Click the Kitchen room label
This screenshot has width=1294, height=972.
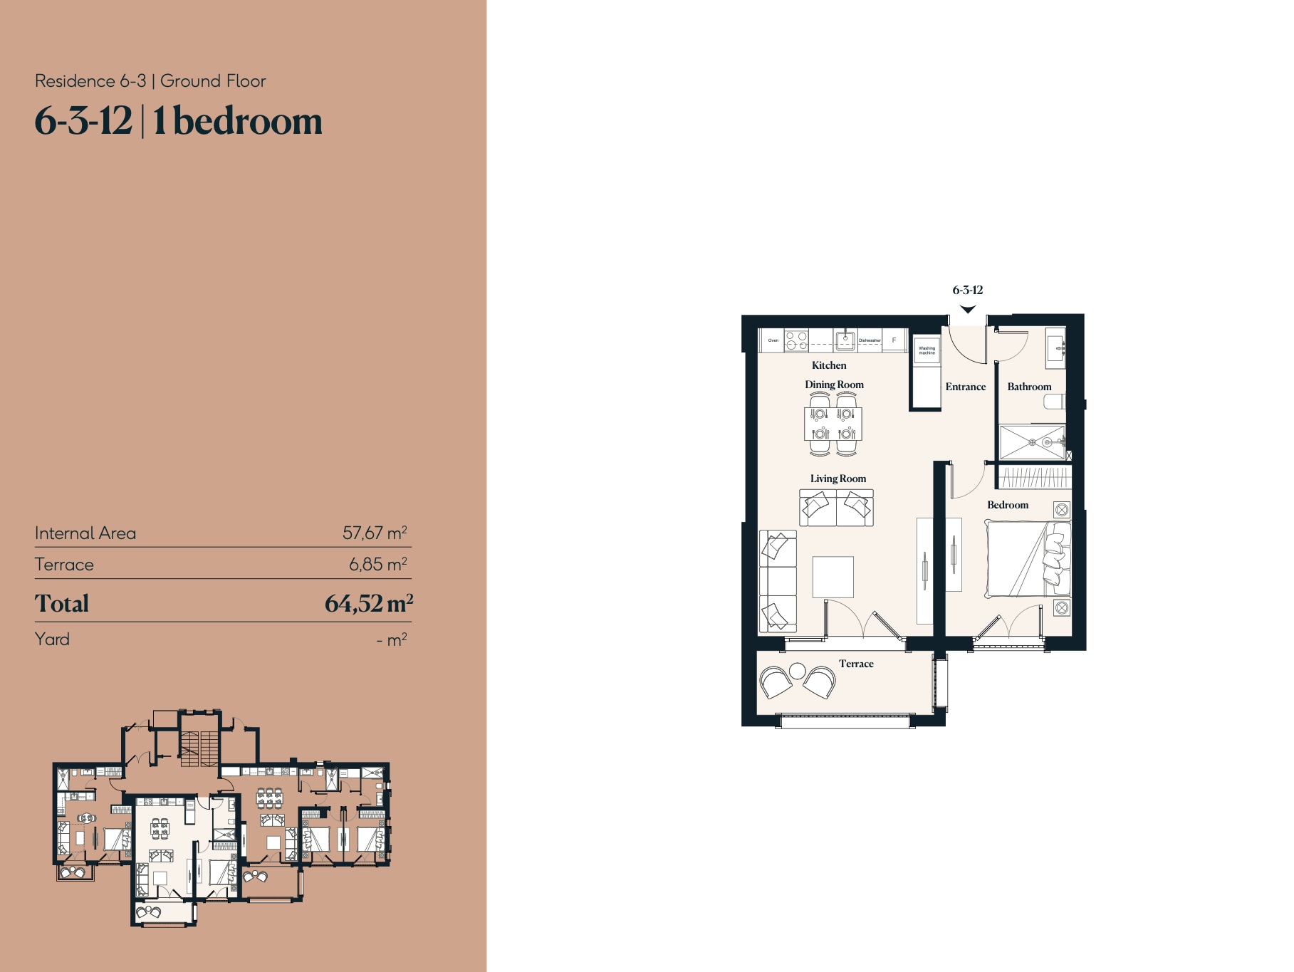(x=829, y=365)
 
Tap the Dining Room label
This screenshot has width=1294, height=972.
(x=834, y=385)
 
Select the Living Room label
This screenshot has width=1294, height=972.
(x=838, y=479)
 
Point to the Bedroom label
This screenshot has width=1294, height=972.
(x=1008, y=505)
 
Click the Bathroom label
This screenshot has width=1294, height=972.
(x=1029, y=387)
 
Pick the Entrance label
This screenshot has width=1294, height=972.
(x=965, y=387)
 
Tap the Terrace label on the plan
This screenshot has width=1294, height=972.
(x=856, y=664)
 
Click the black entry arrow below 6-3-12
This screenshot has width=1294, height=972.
(x=968, y=309)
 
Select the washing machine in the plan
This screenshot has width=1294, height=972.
(x=927, y=350)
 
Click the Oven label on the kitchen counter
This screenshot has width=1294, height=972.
(x=773, y=340)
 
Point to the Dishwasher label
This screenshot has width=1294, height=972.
(x=870, y=340)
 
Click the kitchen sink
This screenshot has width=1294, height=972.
(x=845, y=340)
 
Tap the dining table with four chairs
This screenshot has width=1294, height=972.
(x=833, y=424)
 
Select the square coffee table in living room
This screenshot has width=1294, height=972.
(x=833, y=577)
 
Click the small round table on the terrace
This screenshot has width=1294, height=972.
(x=798, y=671)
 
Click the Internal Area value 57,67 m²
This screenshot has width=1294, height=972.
(x=375, y=533)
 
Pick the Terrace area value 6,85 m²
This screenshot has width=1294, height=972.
(x=377, y=564)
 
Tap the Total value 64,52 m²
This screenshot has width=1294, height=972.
(x=368, y=604)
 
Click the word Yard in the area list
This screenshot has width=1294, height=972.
(x=52, y=639)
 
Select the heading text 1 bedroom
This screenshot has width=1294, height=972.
(x=237, y=121)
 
